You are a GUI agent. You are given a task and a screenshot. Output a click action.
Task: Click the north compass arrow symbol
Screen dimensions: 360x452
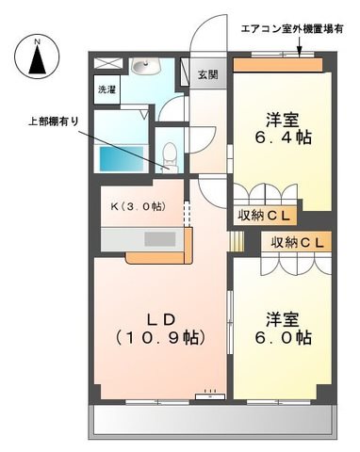[37, 59]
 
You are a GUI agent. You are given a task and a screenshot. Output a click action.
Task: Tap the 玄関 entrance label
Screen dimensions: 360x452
[207, 74]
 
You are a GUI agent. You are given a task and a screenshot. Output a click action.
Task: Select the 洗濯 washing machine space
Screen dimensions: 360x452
[107, 89]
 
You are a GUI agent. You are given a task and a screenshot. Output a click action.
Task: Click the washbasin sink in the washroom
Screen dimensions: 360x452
[146, 67]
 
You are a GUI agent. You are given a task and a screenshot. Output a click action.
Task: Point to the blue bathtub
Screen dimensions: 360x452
[122, 159]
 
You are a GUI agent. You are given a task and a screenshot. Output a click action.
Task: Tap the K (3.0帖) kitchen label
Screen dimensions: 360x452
[138, 206]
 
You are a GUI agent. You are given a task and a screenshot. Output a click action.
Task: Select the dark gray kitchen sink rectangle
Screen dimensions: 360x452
[160, 239]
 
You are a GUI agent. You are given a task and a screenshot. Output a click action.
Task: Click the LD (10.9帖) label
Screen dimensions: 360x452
[161, 330]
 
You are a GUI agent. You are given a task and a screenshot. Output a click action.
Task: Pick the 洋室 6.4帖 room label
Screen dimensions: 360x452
[283, 129]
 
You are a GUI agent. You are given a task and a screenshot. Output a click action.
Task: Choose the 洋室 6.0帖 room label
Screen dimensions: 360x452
[283, 329]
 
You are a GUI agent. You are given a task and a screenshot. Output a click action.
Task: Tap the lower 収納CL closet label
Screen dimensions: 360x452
[297, 242]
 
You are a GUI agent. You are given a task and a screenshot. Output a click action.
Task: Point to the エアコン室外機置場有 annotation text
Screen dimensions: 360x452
[292, 29]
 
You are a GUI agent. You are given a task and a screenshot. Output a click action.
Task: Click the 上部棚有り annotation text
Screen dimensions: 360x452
[53, 121]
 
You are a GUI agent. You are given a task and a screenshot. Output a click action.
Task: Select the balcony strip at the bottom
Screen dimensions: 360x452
[212, 420]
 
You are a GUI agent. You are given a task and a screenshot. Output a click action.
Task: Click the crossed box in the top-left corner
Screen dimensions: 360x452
[108, 63]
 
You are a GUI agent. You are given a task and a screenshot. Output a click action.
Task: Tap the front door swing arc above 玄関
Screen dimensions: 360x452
[208, 33]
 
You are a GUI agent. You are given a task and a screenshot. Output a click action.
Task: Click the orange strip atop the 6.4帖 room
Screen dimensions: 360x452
[278, 65]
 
